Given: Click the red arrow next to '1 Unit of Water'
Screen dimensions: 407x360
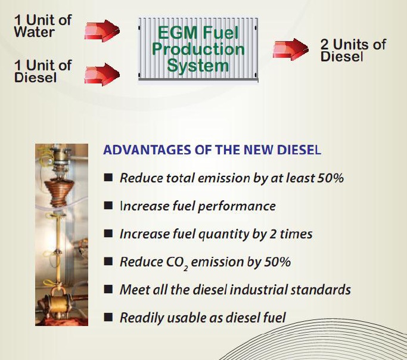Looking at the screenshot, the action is tap(102, 31).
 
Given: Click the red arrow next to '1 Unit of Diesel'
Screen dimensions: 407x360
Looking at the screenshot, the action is tap(102, 75).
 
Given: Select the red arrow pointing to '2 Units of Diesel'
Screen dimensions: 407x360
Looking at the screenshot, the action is tap(290, 49).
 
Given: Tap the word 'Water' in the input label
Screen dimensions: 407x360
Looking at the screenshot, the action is tap(34, 32).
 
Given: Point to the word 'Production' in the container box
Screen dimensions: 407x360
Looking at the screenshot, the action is tap(198, 49).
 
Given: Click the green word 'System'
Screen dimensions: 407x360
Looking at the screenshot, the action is tap(198, 66).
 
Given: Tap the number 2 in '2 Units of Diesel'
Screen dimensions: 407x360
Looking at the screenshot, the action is tap(325, 44).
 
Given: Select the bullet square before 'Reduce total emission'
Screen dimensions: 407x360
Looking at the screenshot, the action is tap(108, 178).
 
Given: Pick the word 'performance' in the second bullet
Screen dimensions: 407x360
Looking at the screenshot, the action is tap(237, 207).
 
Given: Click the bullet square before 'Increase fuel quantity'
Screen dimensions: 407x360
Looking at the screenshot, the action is tap(108, 233).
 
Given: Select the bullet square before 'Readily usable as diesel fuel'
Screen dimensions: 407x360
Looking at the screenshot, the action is tap(108, 317).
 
